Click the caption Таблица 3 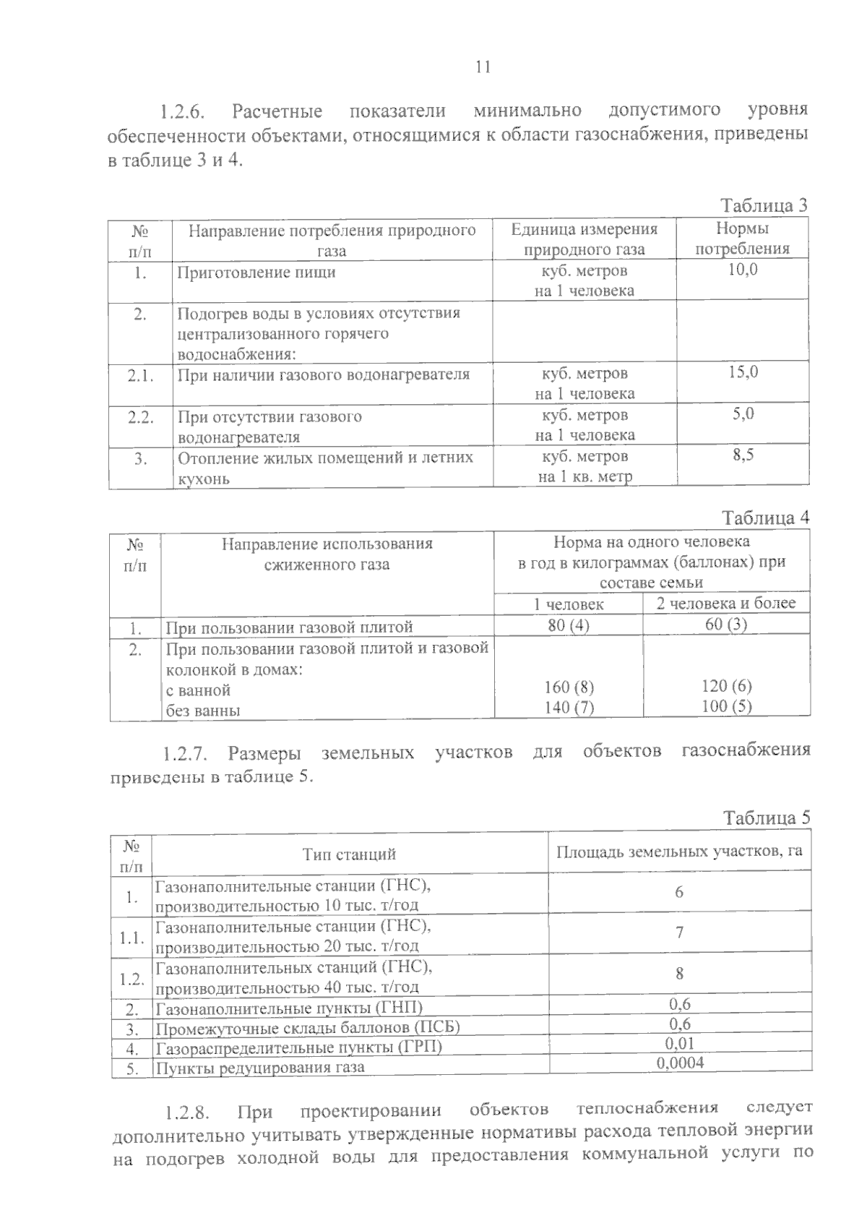point(764,205)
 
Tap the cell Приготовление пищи point(256,273)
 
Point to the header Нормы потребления point(742,239)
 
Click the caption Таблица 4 point(766,518)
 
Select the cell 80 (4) point(569,625)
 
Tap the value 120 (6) point(726,686)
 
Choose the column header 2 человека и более point(726,603)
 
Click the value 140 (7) point(569,708)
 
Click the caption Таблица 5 point(767,818)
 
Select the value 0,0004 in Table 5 point(680,1062)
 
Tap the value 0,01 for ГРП point(679,1043)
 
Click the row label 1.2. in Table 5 point(132,979)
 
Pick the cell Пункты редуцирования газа point(260,1067)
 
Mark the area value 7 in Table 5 point(679,933)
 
